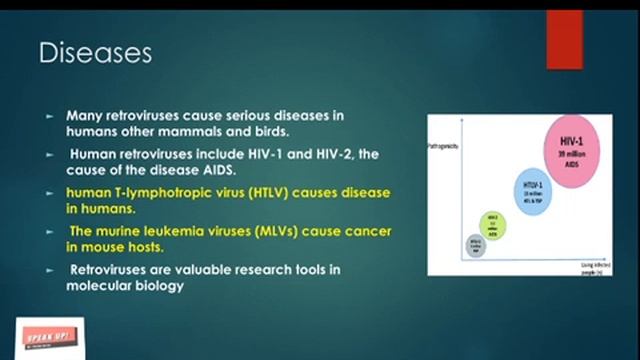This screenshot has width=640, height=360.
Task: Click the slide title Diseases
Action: (95, 53)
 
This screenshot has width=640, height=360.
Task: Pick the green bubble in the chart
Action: (492, 223)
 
